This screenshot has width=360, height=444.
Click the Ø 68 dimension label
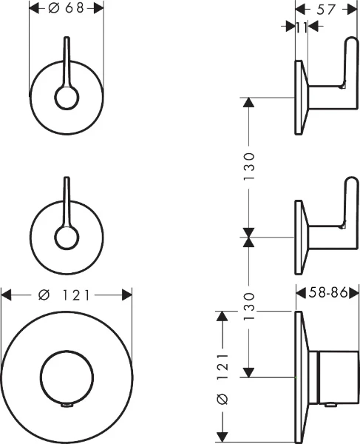(x=67, y=8)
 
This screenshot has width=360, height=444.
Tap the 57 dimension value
(x=326, y=10)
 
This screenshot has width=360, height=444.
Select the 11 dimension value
(x=302, y=27)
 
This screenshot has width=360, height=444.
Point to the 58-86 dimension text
(x=328, y=292)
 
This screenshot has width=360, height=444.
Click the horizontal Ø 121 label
(x=64, y=295)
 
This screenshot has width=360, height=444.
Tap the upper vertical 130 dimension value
(x=249, y=166)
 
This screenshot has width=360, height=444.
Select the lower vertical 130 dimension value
(x=249, y=306)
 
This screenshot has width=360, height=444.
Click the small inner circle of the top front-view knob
(x=67, y=98)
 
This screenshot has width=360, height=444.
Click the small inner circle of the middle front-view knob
(x=67, y=238)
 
